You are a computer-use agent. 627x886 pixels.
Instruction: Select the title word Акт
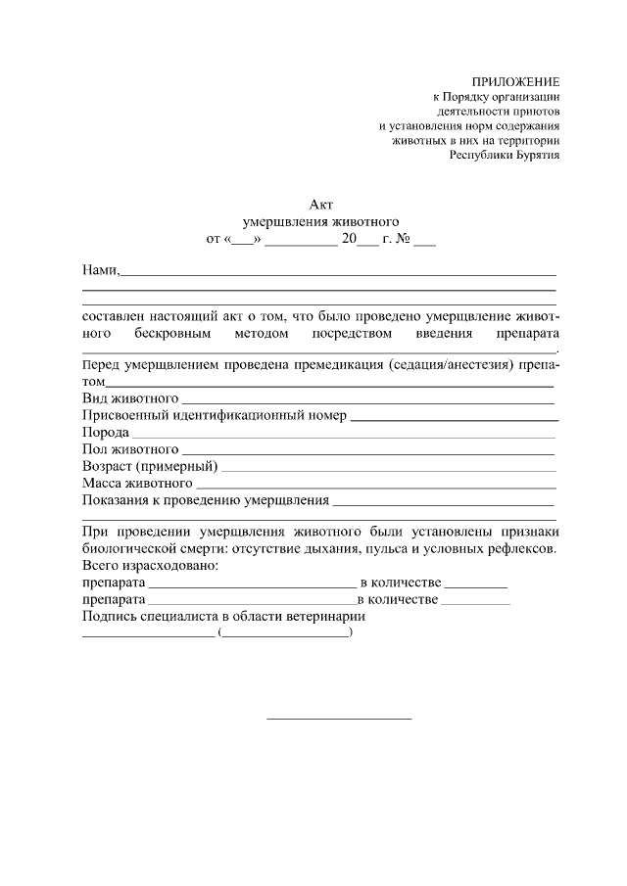pyautogui.click(x=321, y=204)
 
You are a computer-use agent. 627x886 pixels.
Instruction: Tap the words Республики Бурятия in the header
pyautogui.click(x=505, y=155)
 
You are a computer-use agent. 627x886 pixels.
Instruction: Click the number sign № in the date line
pyautogui.click(x=402, y=238)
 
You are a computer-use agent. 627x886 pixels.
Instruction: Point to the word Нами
pyautogui.click(x=99, y=269)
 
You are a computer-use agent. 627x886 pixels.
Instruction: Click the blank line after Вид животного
pyautogui.click(x=367, y=400)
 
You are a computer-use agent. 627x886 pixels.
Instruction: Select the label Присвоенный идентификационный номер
pyautogui.click(x=214, y=416)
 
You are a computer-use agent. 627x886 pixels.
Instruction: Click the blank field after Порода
pyautogui.click(x=343, y=434)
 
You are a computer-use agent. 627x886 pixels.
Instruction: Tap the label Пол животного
pyautogui.click(x=122, y=449)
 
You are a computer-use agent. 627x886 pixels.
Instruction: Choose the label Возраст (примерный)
pyautogui.click(x=149, y=466)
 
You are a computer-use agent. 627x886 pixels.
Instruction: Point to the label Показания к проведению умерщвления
pyautogui.click(x=205, y=500)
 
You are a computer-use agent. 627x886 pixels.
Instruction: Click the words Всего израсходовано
pyautogui.click(x=150, y=566)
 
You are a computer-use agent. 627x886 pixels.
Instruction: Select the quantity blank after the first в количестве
pyautogui.click(x=476, y=584)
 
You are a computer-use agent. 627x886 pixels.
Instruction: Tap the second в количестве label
pyautogui.click(x=397, y=599)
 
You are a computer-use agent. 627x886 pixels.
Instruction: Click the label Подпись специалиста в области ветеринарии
pyautogui.click(x=223, y=616)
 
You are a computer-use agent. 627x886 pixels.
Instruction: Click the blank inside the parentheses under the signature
pyautogui.click(x=286, y=634)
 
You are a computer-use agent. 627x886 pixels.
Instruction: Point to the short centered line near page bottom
pyautogui.click(x=339, y=720)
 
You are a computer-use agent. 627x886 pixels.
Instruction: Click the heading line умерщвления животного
pyautogui.click(x=321, y=221)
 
